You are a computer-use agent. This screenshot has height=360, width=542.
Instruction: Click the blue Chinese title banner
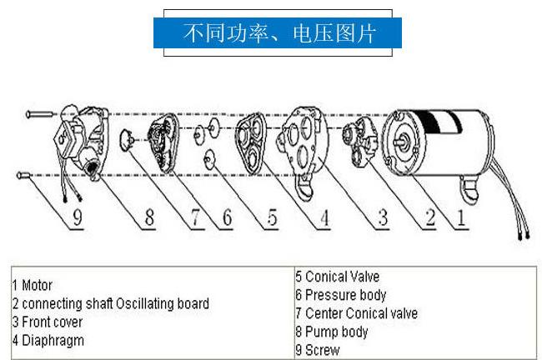click(x=279, y=33)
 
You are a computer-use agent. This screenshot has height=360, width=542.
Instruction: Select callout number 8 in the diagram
click(x=148, y=219)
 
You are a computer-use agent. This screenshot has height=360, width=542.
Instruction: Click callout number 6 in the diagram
click(x=225, y=219)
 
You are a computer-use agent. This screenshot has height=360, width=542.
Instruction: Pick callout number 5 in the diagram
click(x=273, y=219)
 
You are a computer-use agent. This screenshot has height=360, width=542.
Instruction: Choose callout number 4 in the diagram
click(x=324, y=219)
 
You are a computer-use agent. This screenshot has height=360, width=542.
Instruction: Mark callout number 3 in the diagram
click(x=382, y=218)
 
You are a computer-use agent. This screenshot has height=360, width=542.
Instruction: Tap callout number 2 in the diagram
click(x=429, y=218)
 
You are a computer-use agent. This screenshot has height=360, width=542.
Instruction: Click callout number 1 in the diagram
click(x=460, y=218)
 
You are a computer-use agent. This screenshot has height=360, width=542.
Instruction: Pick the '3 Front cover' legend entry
click(x=46, y=322)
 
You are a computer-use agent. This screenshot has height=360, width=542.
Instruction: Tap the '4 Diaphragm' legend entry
click(x=48, y=340)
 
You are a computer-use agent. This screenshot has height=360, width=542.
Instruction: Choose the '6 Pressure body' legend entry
click(x=340, y=295)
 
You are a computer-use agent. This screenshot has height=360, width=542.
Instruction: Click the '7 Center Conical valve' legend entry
click(x=356, y=313)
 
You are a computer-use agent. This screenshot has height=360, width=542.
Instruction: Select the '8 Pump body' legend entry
click(x=331, y=332)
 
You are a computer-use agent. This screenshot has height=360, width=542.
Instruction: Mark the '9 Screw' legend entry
click(x=318, y=350)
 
